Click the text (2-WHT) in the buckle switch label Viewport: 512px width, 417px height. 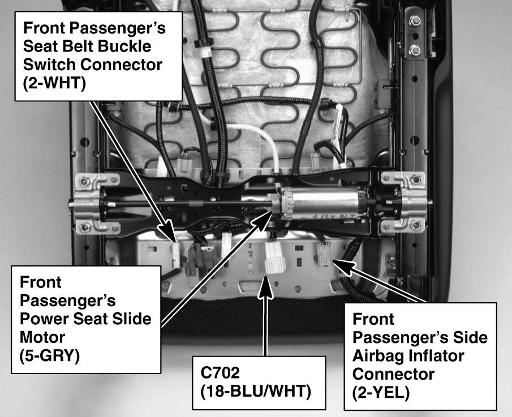[x=54, y=83]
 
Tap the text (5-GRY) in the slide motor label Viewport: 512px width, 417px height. [x=50, y=355]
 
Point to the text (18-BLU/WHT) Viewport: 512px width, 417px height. [x=256, y=392]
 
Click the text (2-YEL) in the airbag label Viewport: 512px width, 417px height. [x=381, y=393]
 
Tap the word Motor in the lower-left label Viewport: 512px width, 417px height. [x=42, y=337]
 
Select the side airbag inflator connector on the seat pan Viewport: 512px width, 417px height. [x=324, y=254]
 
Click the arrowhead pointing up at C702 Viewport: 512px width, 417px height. [x=266, y=287]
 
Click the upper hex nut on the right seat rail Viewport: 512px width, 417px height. [x=415, y=22]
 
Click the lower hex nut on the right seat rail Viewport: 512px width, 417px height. [x=415, y=50]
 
